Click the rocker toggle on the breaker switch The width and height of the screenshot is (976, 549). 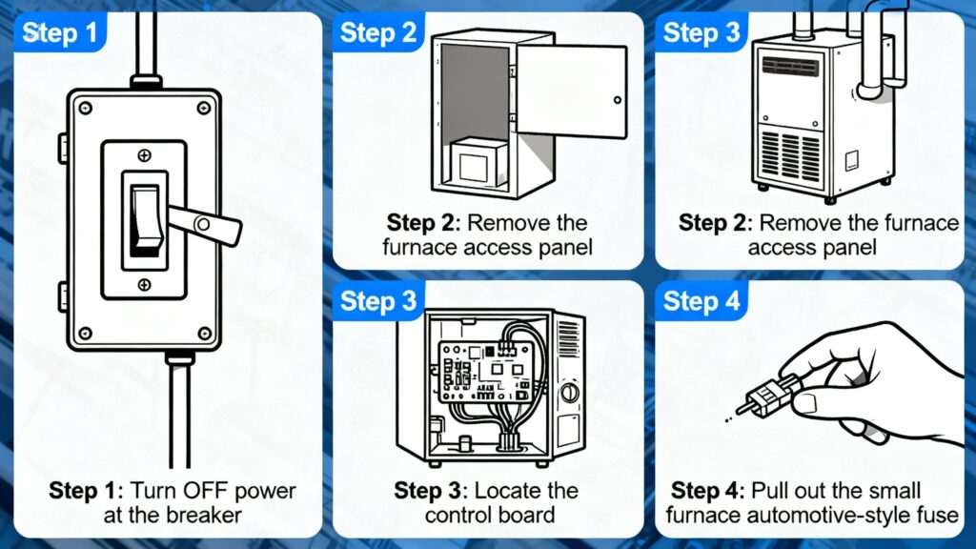tap(145, 219)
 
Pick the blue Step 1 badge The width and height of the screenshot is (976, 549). tap(59, 35)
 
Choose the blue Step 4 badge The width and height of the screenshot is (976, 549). tap(701, 302)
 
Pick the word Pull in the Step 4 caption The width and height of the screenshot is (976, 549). tap(764, 492)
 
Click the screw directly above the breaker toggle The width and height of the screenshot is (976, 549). tap(144, 154)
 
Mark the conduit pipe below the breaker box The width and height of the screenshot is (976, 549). tap(177, 410)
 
